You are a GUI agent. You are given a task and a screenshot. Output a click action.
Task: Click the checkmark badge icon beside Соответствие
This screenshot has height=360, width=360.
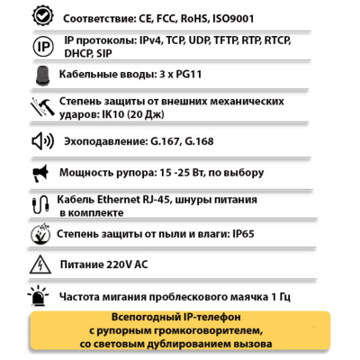click(41, 17)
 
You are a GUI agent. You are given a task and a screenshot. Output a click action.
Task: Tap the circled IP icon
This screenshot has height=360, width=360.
click(41, 47)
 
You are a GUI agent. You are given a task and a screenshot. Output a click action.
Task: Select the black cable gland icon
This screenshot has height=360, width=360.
click(41, 76)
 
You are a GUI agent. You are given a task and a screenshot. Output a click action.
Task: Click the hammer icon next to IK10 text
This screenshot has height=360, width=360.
click(41, 108)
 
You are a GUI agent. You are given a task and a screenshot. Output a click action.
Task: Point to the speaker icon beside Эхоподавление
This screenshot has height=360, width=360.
click(41, 141)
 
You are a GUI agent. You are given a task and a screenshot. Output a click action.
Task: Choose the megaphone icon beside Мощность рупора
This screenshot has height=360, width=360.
click(41, 172)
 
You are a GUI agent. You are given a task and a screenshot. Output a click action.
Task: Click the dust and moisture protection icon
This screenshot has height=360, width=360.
click(41, 235)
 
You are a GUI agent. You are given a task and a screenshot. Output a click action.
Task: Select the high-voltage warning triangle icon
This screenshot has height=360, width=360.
click(41, 265)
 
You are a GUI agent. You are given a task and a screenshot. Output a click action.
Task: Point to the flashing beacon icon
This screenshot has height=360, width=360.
click(38, 294)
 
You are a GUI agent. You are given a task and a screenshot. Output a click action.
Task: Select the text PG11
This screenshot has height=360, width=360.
click(189, 76)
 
